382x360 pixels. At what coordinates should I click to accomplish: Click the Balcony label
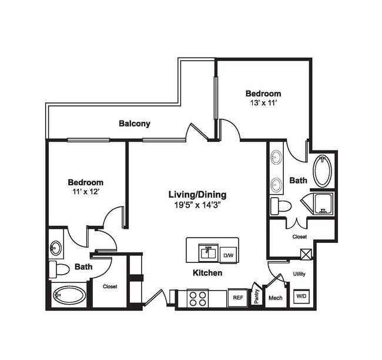[x=135, y=124]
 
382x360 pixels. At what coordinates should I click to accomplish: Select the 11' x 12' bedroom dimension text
[x=85, y=192]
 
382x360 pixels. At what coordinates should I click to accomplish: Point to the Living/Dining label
[x=197, y=195]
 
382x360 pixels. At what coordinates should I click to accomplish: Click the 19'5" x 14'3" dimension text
[x=197, y=205]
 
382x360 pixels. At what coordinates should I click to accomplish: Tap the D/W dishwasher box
[x=228, y=255]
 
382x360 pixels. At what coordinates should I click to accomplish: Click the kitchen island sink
[x=207, y=253]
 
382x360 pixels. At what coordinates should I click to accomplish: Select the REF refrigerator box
[x=237, y=298]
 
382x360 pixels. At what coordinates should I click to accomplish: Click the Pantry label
[x=256, y=295]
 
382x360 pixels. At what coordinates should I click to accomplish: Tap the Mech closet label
[x=275, y=298]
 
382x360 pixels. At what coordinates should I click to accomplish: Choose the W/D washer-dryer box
[x=300, y=296]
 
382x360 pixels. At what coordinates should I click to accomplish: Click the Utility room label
[x=299, y=274]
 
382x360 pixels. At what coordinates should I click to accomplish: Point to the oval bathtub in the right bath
[x=321, y=171]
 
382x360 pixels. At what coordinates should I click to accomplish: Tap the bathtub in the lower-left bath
[x=69, y=295]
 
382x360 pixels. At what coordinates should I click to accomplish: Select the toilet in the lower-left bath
[x=60, y=270]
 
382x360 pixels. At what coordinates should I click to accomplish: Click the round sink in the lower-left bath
[x=55, y=248]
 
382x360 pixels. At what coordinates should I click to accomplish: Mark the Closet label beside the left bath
[x=110, y=286]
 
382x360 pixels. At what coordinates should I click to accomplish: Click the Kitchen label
[x=207, y=274]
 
